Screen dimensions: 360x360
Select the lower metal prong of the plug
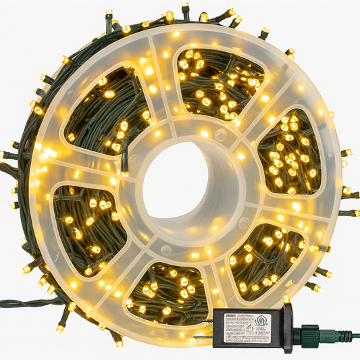click(x=201, y=335)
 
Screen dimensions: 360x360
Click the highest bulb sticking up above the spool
click(x=184, y=8)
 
